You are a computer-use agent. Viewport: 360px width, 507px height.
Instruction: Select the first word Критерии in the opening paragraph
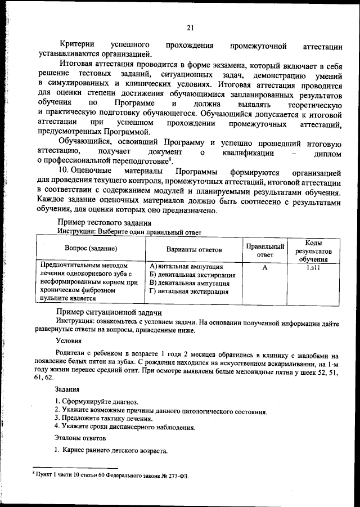[x=77, y=44]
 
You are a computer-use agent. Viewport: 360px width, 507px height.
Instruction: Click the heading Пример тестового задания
[x=101, y=223]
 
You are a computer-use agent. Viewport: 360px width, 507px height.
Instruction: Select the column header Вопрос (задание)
[x=91, y=249]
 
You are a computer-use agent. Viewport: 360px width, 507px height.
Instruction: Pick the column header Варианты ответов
[x=194, y=249]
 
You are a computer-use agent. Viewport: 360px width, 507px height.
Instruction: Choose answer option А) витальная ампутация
[x=186, y=266]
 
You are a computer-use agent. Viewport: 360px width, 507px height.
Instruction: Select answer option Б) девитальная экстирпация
[x=192, y=275]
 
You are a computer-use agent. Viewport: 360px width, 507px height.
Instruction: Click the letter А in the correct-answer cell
[x=264, y=267]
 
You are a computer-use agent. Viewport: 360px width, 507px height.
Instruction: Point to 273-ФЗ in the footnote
[x=175, y=475]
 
